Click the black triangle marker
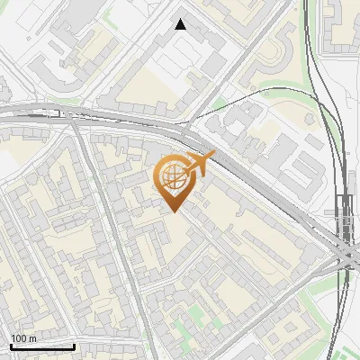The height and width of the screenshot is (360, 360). pyautogui.click(x=181, y=24)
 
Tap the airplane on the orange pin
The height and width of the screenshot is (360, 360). pyautogui.click(x=200, y=163)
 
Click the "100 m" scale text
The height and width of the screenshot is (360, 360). pyautogui.click(x=22, y=338)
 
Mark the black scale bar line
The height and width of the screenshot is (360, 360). pyautogui.click(x=42, y=346)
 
